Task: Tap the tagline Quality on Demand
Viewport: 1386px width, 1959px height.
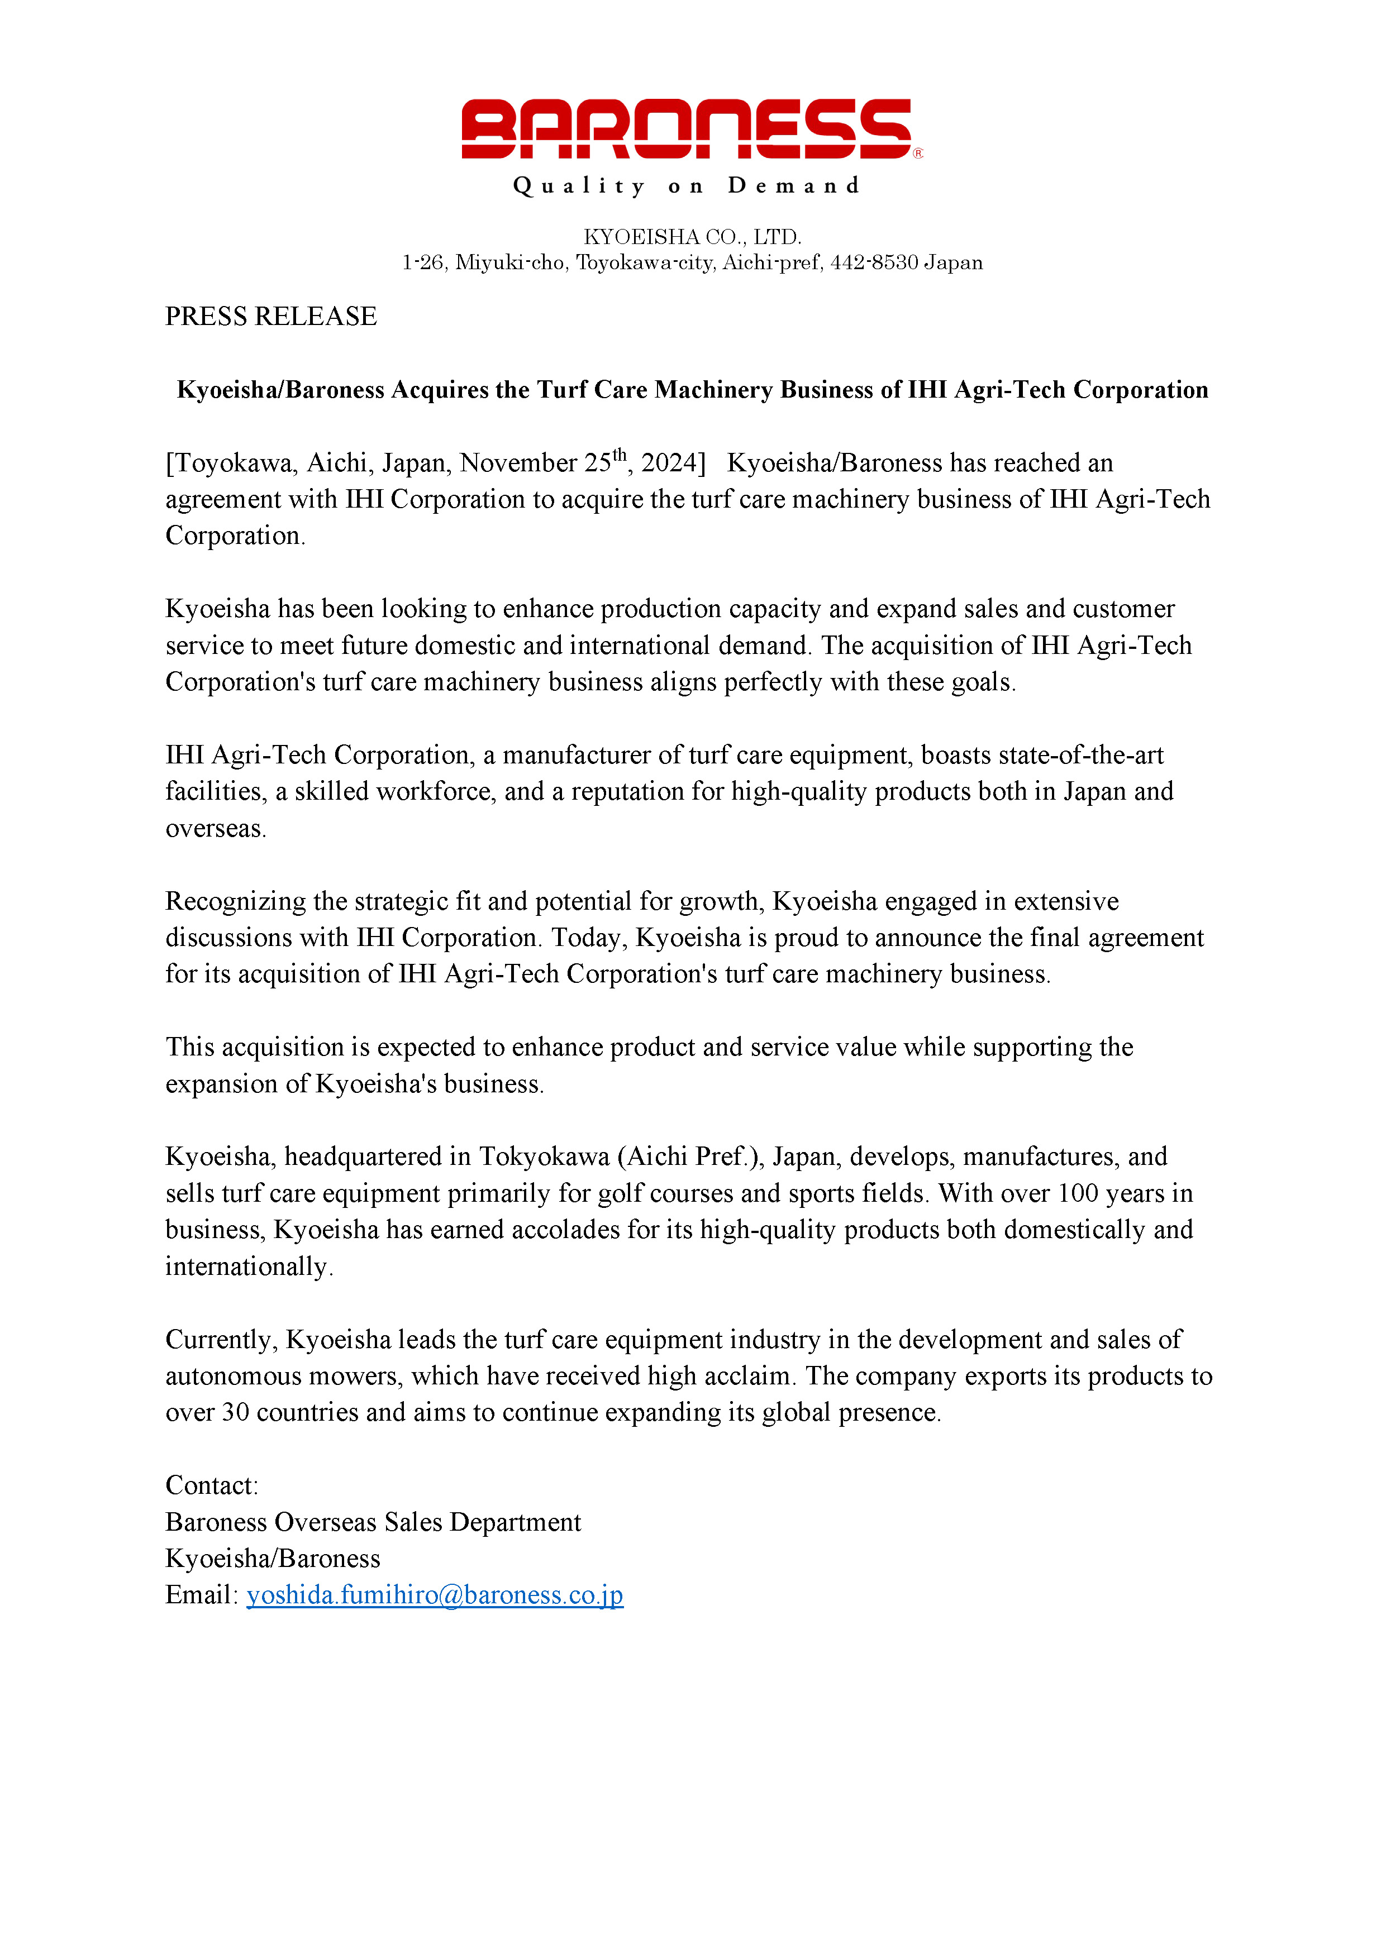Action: tap(686, 186)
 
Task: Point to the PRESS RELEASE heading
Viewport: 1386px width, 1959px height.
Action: tap(270, 317)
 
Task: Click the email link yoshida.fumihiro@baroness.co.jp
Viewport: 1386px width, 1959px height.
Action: tap(435, 1595)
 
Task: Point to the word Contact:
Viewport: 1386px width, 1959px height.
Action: tap(212, 1485)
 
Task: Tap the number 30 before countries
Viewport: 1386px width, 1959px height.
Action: tap(236, 1412)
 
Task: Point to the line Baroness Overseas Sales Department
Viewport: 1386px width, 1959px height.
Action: tap(373, 1522)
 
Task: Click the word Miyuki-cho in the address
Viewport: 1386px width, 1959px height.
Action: tap(511, 263)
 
